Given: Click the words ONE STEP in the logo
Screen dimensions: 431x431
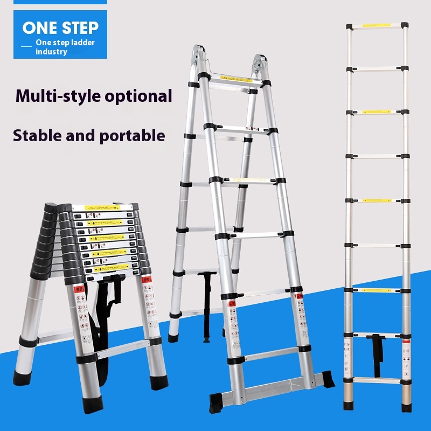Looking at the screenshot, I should (x=60, y=27).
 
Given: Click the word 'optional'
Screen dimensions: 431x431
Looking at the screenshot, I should (x=139, y=96).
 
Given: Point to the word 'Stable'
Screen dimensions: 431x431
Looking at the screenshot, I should (x=37, y=135).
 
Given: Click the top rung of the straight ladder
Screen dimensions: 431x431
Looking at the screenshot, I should (x=377, y=25).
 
